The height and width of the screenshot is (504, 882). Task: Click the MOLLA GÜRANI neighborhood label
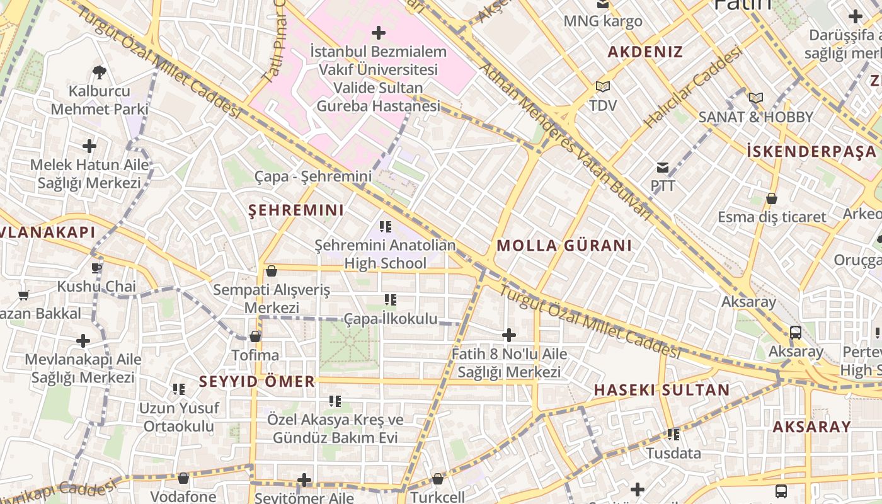coord(564,246)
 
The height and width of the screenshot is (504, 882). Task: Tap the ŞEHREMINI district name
coord(296,210)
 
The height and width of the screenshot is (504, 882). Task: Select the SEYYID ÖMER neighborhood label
coord(257,381)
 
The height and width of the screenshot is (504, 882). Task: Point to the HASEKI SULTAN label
coord(661,390)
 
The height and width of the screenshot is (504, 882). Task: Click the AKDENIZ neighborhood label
coord(645,52)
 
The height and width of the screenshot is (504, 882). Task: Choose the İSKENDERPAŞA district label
coord(811,151)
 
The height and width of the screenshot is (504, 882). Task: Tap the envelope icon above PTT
coord(663,168)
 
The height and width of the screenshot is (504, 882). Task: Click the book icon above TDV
coord(603,86)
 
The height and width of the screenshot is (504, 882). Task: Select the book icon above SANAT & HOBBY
coord(756,98)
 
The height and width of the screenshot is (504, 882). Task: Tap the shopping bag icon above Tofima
coord(255,336)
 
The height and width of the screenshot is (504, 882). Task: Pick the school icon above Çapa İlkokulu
coord(391,300)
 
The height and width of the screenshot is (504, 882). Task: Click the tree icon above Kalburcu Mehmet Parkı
coord(99,72)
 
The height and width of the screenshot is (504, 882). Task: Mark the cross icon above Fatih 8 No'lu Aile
coord(509,335)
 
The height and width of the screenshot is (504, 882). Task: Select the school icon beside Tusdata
coord(673,435)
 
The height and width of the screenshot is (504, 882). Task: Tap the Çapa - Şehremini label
coord(313,176)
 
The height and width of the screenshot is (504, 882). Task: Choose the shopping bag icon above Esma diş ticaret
coord(772,199)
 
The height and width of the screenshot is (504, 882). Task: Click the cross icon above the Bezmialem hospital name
coord(379,32)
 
